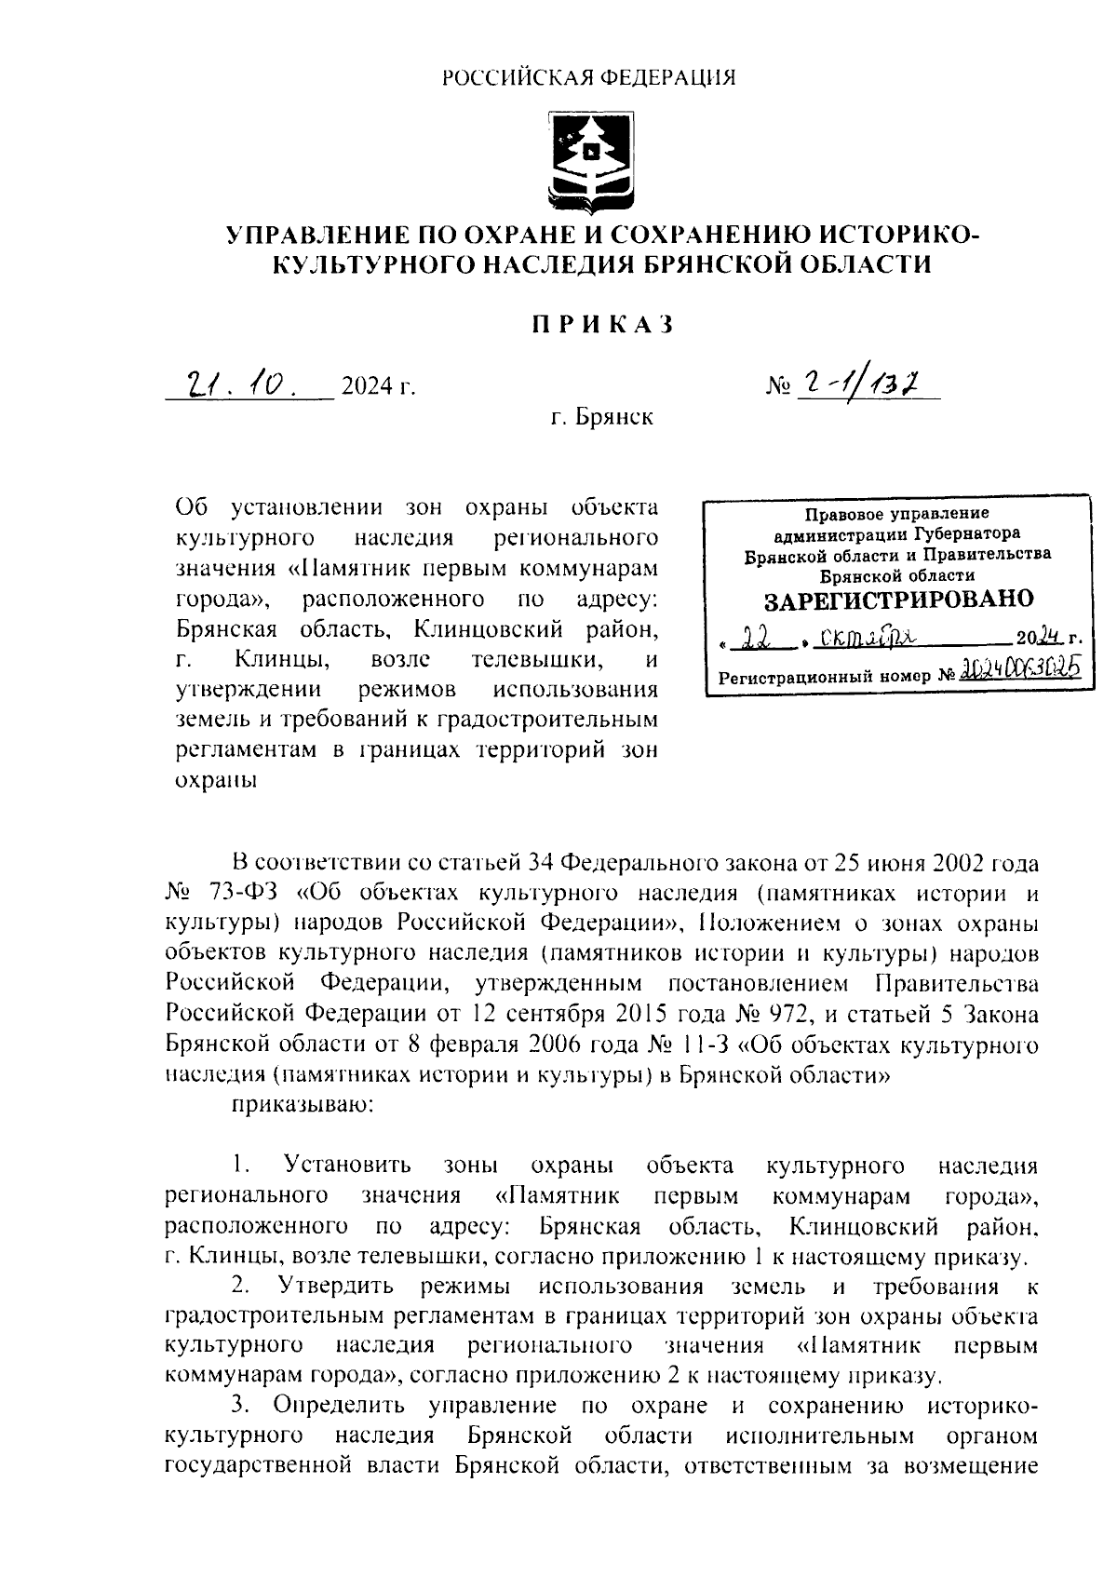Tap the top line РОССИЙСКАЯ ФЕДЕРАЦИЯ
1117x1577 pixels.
click(588, 78)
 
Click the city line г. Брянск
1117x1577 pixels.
click(601, 416)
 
